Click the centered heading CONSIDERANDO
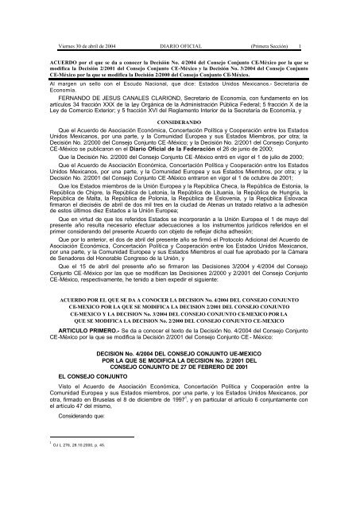coord(179,112)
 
